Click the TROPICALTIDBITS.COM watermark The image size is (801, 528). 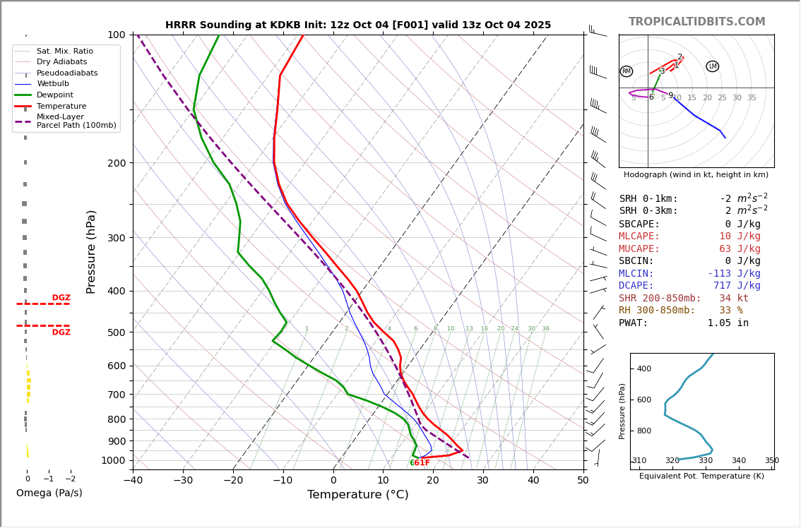(696, 22)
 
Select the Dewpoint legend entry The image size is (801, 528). (54, 95)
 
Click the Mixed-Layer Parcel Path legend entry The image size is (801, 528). (76, 121)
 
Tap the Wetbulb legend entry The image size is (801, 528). (52, 84)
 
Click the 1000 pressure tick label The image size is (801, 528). (112, 460)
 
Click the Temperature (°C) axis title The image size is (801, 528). (357, 495)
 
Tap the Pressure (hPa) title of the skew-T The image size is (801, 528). (91, 251)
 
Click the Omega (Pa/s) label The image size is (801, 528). (49, 493)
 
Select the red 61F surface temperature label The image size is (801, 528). (422, 463)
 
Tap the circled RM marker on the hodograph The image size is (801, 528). (627, 71)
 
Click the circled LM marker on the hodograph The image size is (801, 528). (712, 66)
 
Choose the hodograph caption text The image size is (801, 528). (696, 175)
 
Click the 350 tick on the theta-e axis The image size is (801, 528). (771, 461)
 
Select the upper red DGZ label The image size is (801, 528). (61, 298)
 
